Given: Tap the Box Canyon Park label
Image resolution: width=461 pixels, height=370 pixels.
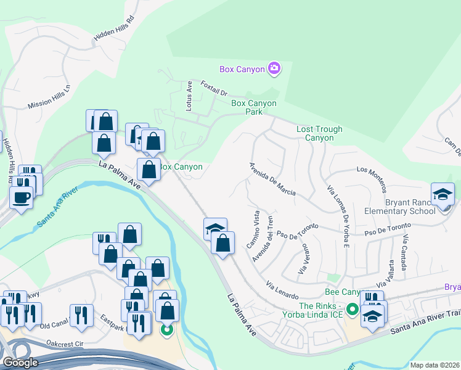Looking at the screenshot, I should click(253, 107).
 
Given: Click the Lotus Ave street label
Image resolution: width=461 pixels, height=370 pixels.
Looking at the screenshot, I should click(190, 97).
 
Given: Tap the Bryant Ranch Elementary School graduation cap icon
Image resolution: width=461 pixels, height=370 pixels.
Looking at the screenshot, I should click(443, 195).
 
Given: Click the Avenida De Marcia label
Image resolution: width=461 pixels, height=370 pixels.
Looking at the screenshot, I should click(272, 179).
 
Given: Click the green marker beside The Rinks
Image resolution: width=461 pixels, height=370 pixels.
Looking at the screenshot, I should click(353, 309).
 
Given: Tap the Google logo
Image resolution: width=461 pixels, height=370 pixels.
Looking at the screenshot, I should click(20, 363).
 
